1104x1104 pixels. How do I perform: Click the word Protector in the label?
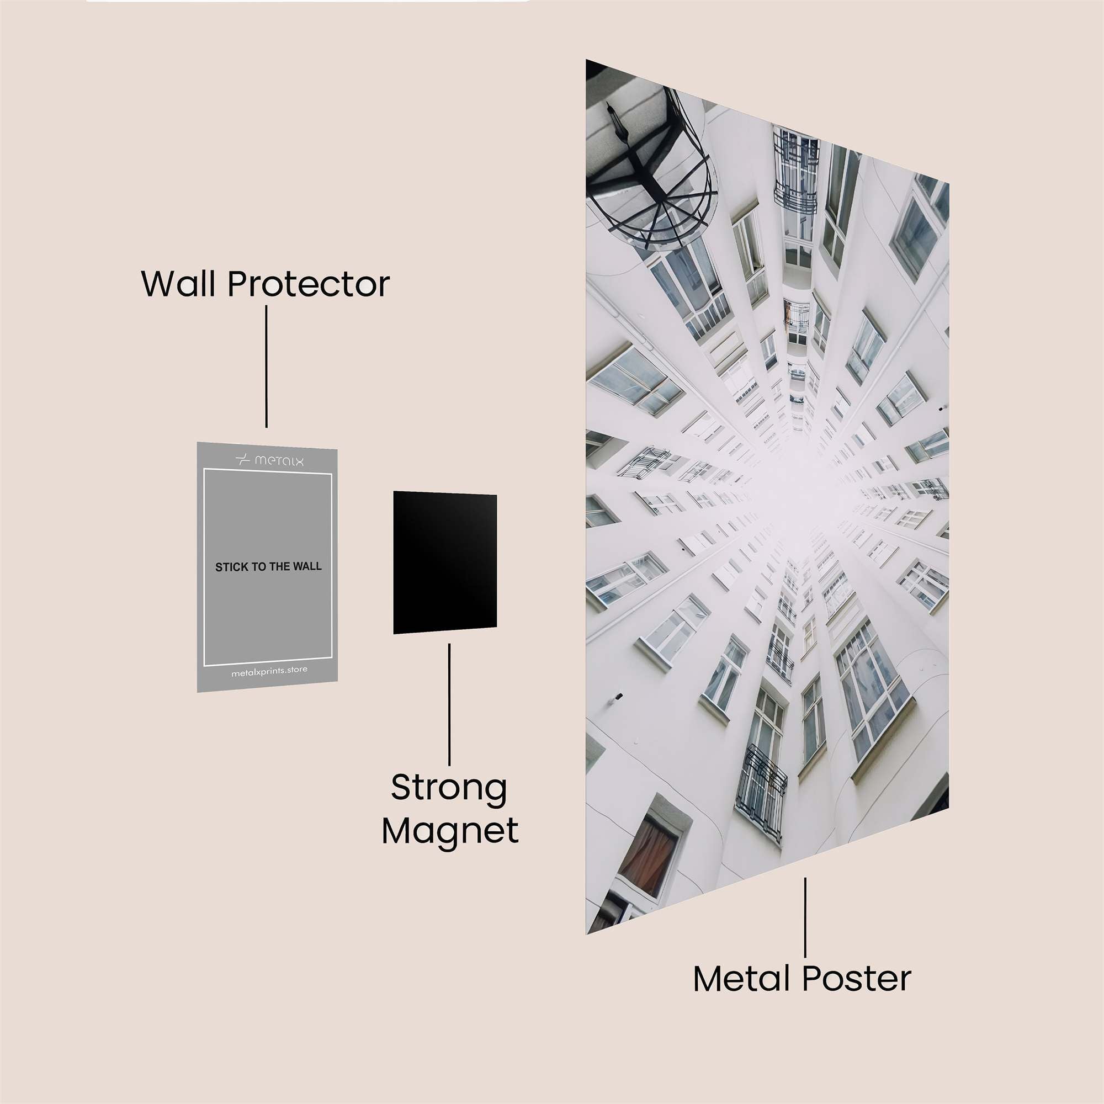coord(309,283)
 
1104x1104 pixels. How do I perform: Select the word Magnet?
coord(450,831)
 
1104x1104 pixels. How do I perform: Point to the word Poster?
coord(857,979)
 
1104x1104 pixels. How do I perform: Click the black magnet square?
coord(444,562)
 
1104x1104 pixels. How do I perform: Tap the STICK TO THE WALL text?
coord(268,567)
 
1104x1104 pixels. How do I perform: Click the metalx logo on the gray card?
coord(269,459)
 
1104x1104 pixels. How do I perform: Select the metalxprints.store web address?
coord(269,672)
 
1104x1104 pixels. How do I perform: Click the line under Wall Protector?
coord(266,367)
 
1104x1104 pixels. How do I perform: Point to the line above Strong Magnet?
coord(449,704)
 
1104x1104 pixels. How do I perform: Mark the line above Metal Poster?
coord(805,917)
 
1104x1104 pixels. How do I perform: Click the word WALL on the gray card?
coord(307,567)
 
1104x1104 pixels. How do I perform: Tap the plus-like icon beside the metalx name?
coord(243,459)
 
